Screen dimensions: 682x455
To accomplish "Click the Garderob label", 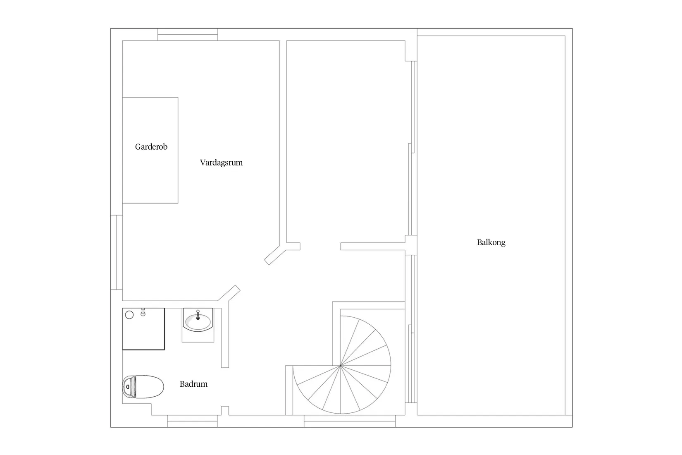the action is click(151, 147).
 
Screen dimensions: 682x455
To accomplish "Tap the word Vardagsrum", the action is click(222, 163).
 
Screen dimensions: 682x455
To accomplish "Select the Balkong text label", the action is click(491, 242).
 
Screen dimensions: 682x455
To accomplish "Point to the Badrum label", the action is click(193, 384).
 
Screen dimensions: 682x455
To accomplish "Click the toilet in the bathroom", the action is click(143, 387).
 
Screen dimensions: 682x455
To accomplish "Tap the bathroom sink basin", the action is click(198, 321).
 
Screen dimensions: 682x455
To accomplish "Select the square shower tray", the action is click(143, 329).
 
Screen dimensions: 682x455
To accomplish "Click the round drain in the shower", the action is click(129, 315).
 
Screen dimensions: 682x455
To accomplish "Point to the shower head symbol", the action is click(143, 312).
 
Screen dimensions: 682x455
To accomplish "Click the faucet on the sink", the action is click(198, 315).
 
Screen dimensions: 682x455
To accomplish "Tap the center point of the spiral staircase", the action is click(341, 365).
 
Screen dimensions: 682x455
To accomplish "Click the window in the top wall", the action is click(188, 34).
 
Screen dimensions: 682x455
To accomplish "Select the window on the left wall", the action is click(116, 252).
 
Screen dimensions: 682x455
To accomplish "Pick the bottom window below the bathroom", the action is click(193, 421).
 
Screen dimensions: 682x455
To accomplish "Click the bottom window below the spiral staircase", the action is click(350, 421).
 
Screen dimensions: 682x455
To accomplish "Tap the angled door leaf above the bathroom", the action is click(229, 293).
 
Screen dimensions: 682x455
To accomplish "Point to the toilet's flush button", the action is click(128, 387).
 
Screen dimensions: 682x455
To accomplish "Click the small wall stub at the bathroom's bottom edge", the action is click(225, 410).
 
